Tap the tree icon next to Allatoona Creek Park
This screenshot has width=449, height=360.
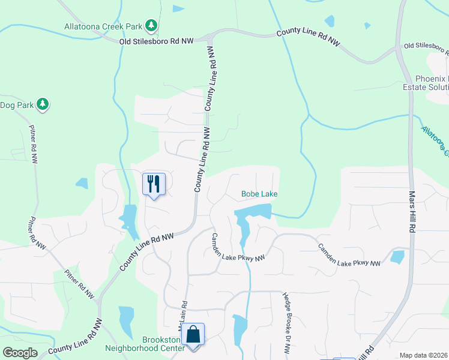coord(152,25)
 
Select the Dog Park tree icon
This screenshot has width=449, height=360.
coord(42,104)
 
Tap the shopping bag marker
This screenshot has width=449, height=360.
coord(193,334)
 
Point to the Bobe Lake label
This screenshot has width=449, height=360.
coord(259,194)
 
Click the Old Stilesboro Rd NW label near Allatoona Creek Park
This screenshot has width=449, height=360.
coord(156,41)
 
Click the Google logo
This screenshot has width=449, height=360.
coord(19,352)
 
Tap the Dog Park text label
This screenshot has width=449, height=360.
coord(15,105)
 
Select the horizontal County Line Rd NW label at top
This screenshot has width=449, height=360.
coord(309,38)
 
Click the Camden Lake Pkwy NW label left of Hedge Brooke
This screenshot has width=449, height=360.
coord(238,247)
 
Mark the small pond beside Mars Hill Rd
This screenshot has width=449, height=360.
coord(397,257)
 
